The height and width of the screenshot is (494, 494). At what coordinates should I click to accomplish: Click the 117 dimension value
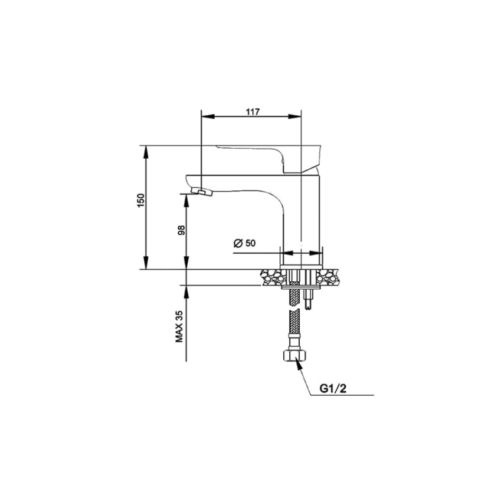(x=253, y=112)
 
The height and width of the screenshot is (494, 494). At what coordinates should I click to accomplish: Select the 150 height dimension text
(x=141, y=200)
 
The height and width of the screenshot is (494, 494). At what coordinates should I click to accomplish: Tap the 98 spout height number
(x=182, y=231)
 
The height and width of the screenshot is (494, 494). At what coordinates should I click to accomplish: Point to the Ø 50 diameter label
(x=244, y=243)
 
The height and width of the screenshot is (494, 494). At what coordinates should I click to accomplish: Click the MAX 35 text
(x=179, y=327)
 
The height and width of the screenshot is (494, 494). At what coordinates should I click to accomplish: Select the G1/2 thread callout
(x=333, y=389)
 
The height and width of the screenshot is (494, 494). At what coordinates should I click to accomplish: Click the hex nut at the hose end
(x=295, y=355)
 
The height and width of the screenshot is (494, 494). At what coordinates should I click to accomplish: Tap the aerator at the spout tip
(x=202, y=191)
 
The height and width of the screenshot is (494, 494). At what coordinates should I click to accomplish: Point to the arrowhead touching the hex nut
(x=298, y=365)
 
